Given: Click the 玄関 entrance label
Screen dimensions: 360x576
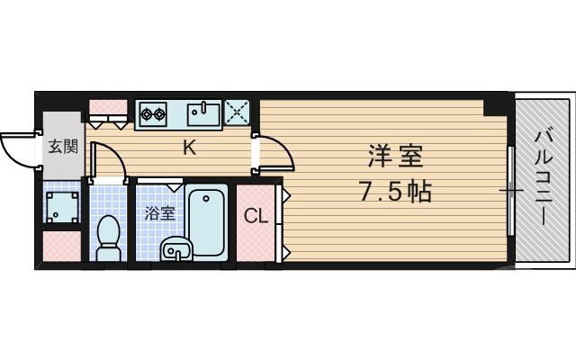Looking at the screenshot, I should tap(62, 146).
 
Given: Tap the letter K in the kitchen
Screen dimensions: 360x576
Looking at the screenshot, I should tap(190, 148).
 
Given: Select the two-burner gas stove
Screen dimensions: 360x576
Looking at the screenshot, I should tap(153, 114).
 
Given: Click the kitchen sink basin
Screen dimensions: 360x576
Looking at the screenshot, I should tap(203, 114).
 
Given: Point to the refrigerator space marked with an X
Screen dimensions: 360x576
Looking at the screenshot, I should tap(239, 114).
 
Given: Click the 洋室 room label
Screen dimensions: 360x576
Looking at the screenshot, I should tap(394, 157).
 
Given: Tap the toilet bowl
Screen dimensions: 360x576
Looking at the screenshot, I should tap(107, 232).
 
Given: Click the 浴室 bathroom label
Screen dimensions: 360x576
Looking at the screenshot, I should tap(160, 214).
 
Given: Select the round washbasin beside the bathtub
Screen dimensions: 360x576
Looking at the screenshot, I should tap(175, 249).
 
